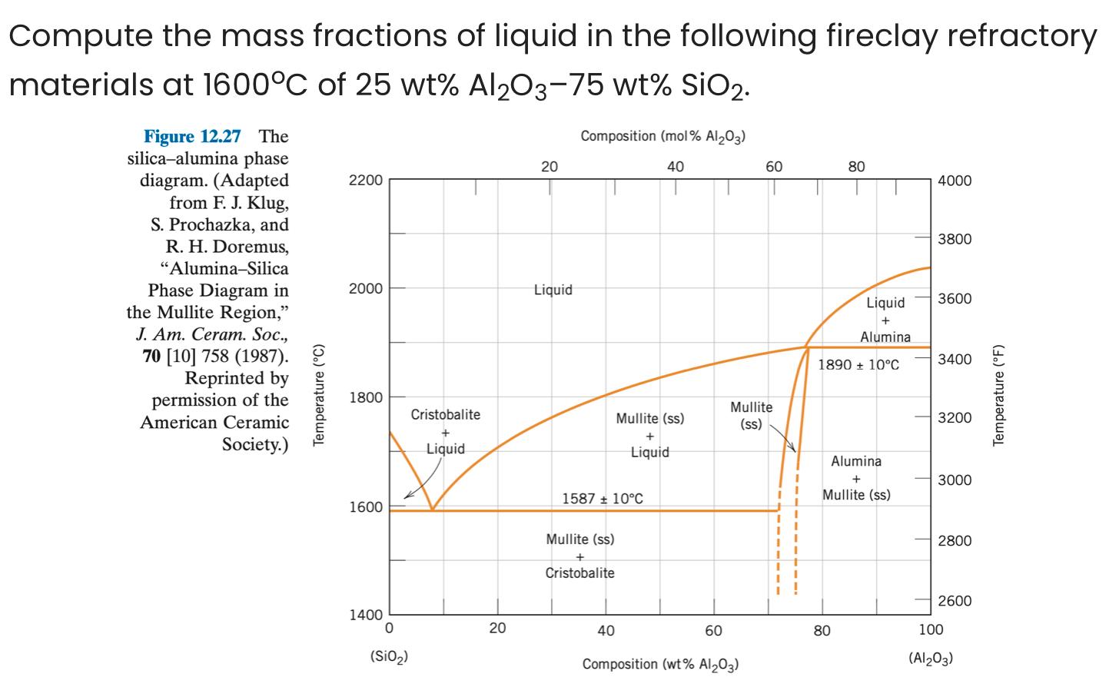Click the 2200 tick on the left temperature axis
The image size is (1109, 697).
[x=365, y=181]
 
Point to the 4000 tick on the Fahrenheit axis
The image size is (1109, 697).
[x=955, y=181]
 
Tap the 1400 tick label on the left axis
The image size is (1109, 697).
[x=365, y=615]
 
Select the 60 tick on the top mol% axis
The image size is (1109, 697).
[x=774, y=167]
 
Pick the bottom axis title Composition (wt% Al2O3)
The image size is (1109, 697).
[x=660, y=664]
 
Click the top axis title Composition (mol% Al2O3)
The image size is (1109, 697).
[x=663, y=137]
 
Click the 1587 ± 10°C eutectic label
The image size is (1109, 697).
[x=603, y=499]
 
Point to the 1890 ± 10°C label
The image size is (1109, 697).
[x=858, y=364]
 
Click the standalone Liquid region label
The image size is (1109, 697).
[x=553, y=290]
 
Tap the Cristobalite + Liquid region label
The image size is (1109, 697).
[x=445, y=432]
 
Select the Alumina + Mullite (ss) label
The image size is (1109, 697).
[x=856, y=478]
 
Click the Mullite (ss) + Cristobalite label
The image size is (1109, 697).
[x=579, y=556]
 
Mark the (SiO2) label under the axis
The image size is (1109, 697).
[x=389, y=657]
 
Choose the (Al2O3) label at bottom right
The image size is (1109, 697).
[x=931, y=659]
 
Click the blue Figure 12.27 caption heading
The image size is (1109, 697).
[x=192, y=137]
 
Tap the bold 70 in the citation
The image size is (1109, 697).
[x=151, y=357]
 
